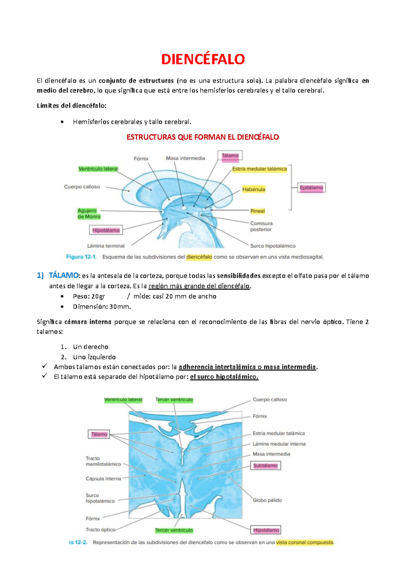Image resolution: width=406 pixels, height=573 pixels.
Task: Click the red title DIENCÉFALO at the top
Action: point(203,59)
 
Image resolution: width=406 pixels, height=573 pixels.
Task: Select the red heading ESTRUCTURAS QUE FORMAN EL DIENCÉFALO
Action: point(203,137)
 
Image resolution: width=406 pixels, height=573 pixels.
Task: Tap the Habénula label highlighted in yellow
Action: point(254,190)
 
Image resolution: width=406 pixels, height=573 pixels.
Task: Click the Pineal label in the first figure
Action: point(257,211)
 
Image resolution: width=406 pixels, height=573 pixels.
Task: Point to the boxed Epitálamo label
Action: point(311,188)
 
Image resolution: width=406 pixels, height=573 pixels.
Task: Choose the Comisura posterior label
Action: point(261,226)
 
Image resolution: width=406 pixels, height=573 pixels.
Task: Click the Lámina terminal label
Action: point(106,246)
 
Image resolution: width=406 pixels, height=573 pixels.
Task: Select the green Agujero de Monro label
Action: point(89,214)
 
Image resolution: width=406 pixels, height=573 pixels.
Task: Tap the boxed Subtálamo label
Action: point(265,466)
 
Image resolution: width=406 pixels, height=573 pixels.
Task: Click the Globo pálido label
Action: point(267,500)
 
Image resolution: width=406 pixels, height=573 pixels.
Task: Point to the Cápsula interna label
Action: point(103,478)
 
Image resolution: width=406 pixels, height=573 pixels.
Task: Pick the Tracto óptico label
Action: point(100,530)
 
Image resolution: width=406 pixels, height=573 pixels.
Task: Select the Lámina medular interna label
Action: point(279,444)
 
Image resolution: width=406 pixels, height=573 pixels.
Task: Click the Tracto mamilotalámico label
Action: point(103,461)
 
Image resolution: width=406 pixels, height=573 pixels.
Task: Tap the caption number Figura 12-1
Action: point(81,257)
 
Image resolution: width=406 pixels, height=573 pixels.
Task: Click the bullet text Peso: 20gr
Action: point(89,296)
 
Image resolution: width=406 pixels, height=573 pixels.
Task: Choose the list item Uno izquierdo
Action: point(94,357)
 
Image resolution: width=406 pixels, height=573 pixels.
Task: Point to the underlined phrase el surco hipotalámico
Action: point(224,377)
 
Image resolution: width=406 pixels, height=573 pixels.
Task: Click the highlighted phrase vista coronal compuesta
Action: point(304,543)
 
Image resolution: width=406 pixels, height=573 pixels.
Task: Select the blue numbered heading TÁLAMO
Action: point(64,276)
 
